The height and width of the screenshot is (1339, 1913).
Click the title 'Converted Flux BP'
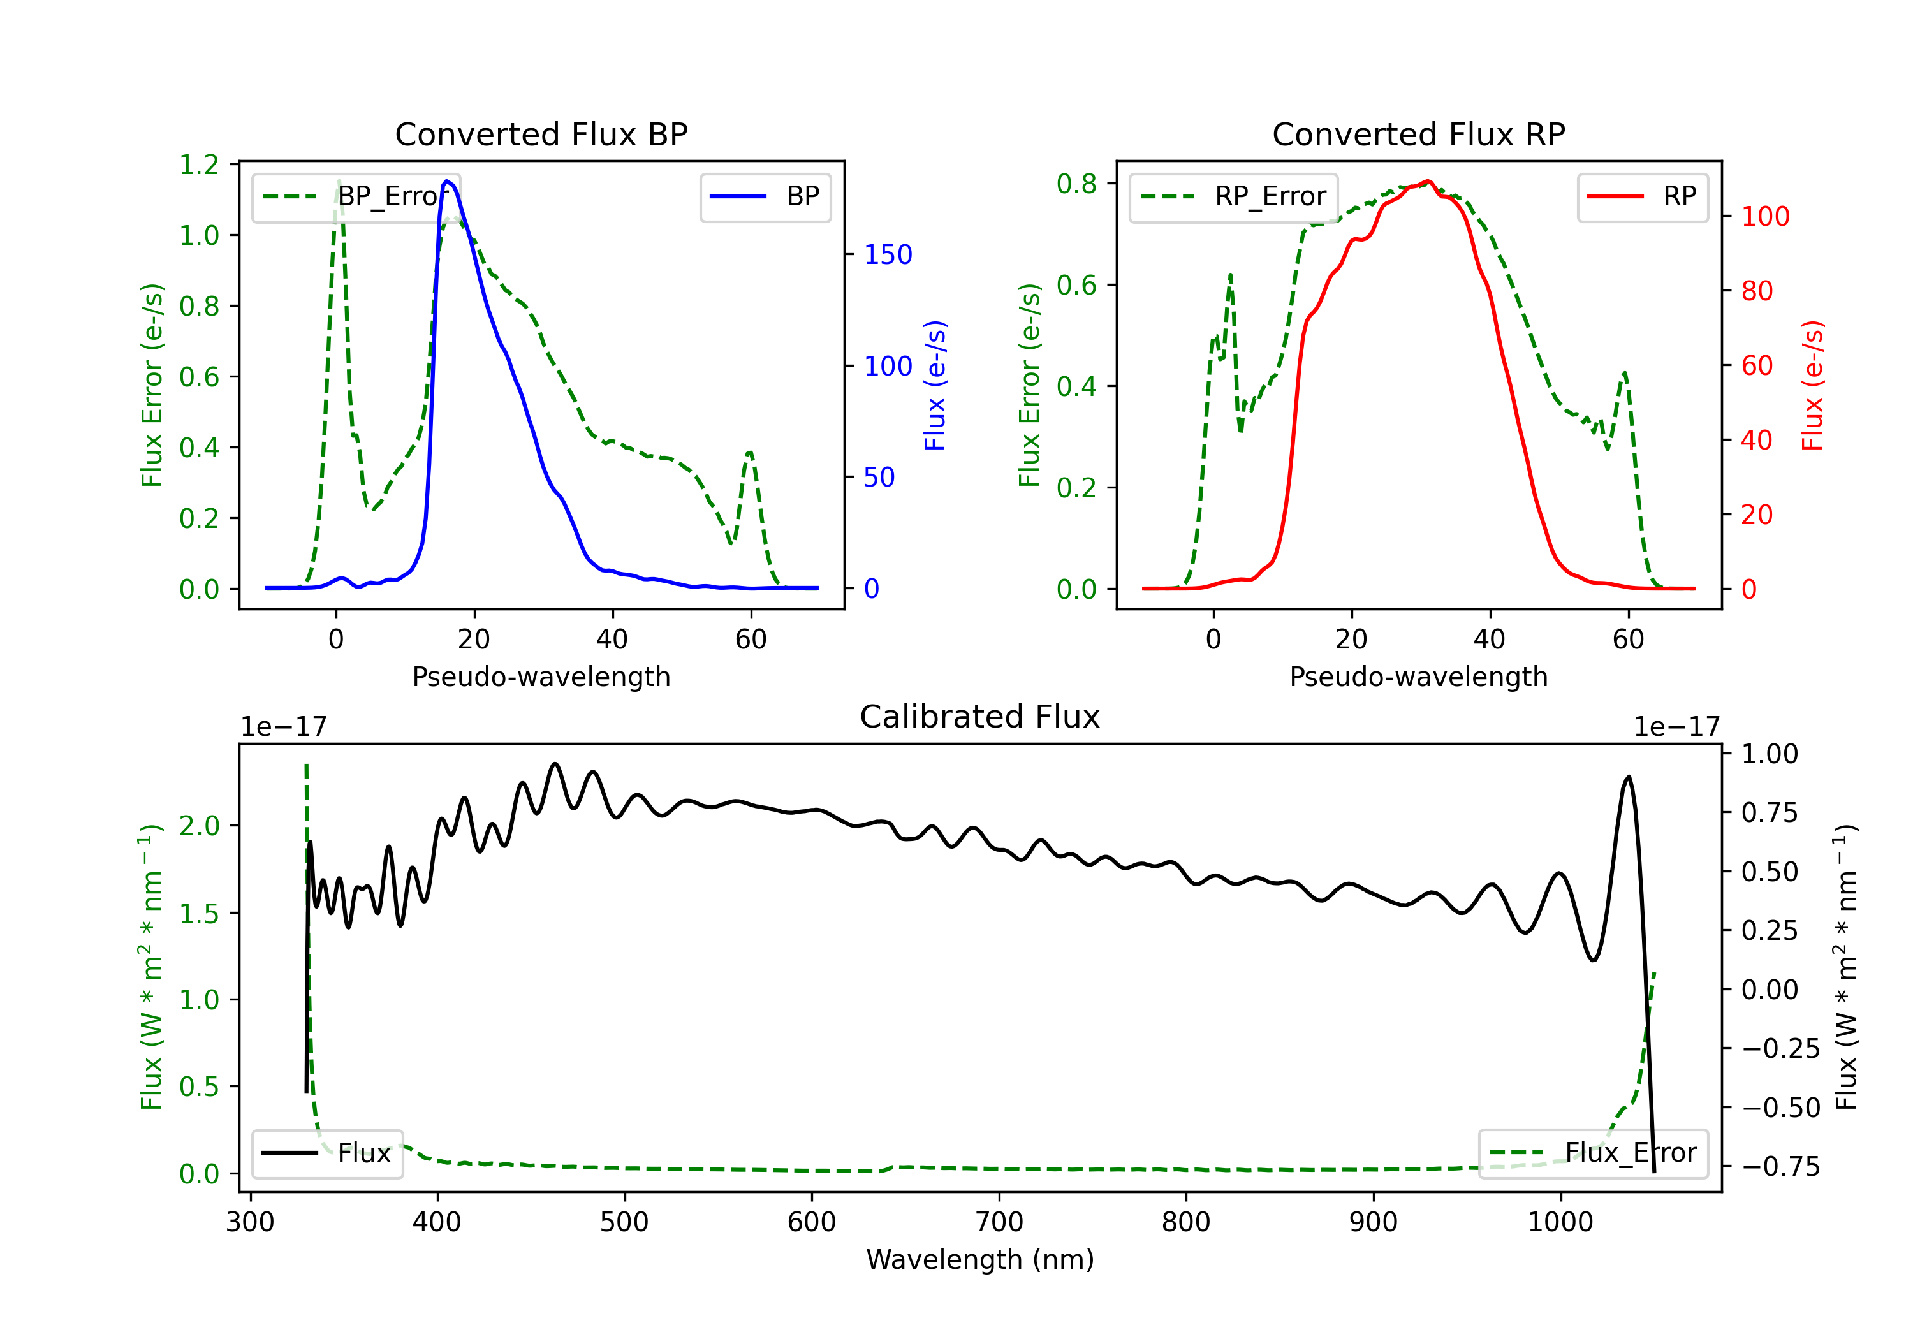click(x=541, y=134)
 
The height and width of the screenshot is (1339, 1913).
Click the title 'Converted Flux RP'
click(x=1419, y=134)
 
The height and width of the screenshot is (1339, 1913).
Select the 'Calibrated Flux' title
click(x=980, y=717)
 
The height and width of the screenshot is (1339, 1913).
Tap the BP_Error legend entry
click(x=356, y=196)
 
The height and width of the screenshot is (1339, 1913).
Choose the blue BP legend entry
click(x=765, y=196)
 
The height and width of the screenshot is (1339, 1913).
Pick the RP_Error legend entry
click(x=1233, y=196)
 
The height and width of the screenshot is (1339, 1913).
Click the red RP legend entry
click(x=1642, y=196)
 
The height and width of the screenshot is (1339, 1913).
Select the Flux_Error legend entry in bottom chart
click(x=1593, y=1153)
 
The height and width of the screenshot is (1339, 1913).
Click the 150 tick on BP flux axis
click(x=888, y=254)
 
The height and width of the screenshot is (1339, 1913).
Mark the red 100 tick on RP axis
click(x=1766, y=217)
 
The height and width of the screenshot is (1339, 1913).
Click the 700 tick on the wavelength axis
click(x=999, y=1222)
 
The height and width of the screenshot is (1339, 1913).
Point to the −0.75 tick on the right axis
click(x=1780, y=1166)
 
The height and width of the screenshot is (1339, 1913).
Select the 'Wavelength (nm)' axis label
click(x=980, y=1259)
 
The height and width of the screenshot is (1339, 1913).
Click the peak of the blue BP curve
click(x=448, y=181)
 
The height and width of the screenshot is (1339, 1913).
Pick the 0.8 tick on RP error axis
click(x=1076, y=183)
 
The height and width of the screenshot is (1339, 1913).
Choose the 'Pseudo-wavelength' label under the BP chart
click(x=541, y=677)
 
